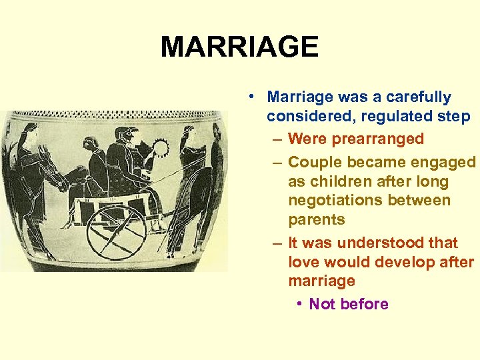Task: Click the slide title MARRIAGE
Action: (239, 47)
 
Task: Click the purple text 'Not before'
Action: (348, 304)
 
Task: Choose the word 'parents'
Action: (317, 219)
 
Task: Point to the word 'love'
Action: (303, 262)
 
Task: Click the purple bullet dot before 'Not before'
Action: (301, 304)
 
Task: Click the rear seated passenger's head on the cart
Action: (90, 143)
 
